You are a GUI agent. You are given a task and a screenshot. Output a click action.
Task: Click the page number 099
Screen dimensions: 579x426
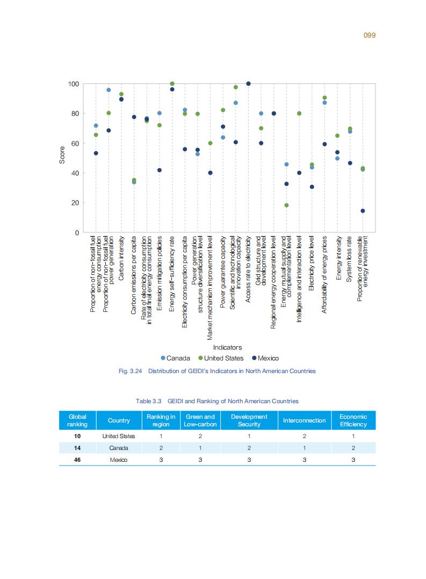point(369,35)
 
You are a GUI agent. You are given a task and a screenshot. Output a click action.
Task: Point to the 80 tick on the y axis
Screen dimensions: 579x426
point(73,113)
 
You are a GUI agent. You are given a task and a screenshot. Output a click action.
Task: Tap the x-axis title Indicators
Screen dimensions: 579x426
point(227,347)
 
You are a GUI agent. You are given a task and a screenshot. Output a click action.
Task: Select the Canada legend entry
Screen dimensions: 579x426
point(175,358)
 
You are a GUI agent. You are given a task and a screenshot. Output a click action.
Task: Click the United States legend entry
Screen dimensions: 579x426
point(220,358)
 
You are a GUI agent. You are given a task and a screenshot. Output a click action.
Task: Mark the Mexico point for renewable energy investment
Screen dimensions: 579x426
point(363,211)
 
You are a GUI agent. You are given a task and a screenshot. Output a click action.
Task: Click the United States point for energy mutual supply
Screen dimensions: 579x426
point(286,205)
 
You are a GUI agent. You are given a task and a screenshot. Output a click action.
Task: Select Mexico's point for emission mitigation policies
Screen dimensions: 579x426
point(160,170)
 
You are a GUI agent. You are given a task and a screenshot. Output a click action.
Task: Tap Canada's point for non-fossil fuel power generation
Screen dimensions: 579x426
point(109,90)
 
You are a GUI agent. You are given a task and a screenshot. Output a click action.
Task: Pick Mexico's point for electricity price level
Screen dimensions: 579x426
point(312,187)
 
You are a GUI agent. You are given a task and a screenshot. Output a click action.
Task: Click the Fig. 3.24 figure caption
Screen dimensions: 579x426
point(216,371)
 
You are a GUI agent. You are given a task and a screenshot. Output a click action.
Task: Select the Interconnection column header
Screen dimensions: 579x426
point(304,420)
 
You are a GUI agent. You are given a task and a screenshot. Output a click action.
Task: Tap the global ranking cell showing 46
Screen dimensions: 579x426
point(77,460)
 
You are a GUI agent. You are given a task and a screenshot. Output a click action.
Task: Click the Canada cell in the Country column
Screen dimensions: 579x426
point(119,448)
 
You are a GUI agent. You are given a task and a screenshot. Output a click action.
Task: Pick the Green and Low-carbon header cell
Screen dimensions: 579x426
point(200,420)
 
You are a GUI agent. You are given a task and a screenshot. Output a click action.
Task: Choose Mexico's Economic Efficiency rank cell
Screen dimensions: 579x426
point(353,460)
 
